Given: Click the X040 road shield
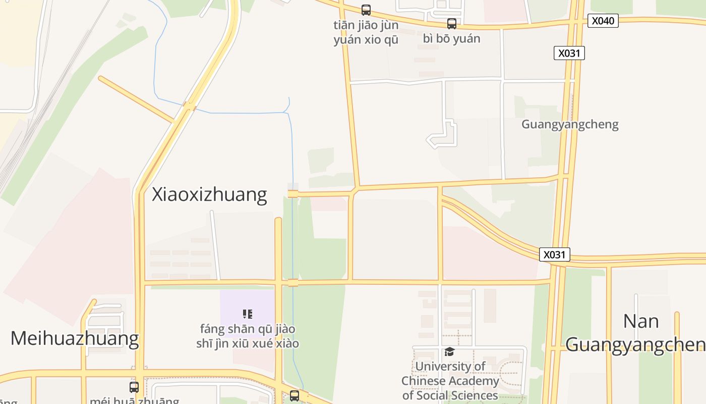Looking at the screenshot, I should [x=603, y=21].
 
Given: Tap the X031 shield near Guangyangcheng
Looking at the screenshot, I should [x=569, y=53].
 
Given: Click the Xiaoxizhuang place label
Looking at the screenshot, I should [x=209, y=194].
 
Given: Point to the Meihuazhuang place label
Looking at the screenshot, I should [x=75, y=338].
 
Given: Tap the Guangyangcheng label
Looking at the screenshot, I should [x=570, y=124].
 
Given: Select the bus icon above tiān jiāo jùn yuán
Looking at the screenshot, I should [x=366, y=10].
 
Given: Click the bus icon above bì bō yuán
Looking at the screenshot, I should [x=452, y=23].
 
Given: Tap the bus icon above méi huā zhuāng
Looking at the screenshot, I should [x=134, y=387].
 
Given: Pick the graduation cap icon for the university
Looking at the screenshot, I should [x=449, y=351].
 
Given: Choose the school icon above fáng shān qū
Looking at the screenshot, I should [x=247, y=314].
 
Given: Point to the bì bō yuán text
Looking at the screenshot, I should [x=452, y=39].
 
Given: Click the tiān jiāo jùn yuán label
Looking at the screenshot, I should [x=366, y=32].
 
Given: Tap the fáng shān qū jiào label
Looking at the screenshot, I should [x=247, y=336].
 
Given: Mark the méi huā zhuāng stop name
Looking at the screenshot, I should [x=134, y=400].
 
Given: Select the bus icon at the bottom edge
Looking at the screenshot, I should [x=295, y=396].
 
